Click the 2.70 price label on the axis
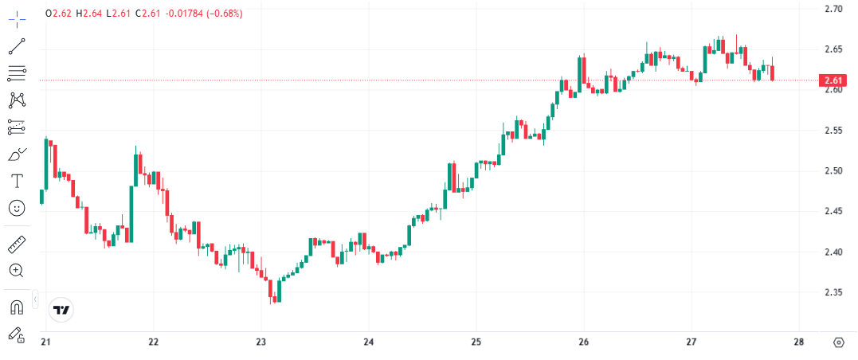click(833, 9)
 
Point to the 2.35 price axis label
click(833, 292)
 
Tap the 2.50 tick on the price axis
click(833, 170)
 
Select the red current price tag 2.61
click(833, 80)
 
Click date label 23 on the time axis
click(261, 342)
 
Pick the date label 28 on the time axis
click(799, 342)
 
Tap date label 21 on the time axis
click(45, 342)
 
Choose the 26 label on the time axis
click(584, 342)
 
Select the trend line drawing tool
click(17, 46)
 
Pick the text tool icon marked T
click(17, 181)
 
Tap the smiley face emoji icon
click(17, 208)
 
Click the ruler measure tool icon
click(17, 244)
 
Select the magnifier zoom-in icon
click(17, 271)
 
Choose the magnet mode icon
click(17, 307)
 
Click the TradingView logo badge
click(61, 309)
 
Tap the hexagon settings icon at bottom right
click(838, 342)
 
